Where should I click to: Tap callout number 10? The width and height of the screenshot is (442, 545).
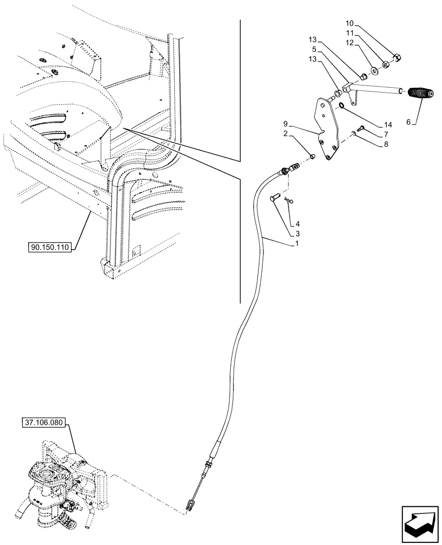(x=349, y=23)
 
